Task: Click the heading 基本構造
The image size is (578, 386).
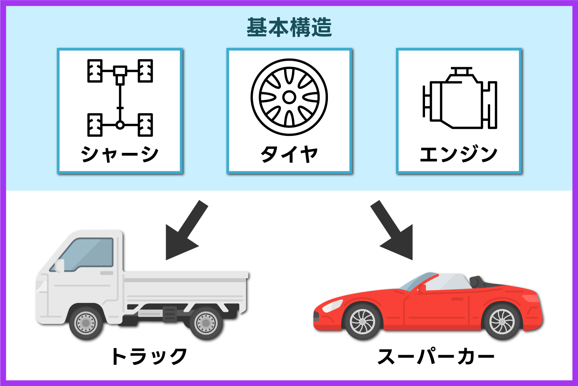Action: click(289, 27)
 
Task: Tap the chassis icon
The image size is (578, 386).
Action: click(120, 98)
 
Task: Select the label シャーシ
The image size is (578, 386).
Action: click(120, 154)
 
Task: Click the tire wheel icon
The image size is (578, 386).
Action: click(289, 97)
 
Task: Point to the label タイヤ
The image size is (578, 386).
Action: click(289, 154)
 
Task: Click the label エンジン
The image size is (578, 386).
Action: click(459, 154)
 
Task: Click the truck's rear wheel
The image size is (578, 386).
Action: click(206, 323)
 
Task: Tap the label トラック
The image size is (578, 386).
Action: click(149, 356)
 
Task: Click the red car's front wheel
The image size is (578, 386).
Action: click(363, 322)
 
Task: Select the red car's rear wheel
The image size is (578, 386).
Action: click(502, 322)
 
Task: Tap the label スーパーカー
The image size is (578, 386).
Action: click(436, 356)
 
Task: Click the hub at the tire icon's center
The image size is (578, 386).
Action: click(289, 97)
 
